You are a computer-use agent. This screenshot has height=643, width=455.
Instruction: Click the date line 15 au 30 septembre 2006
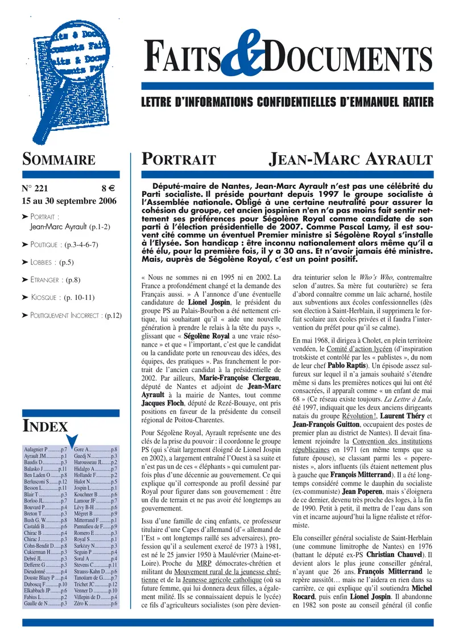(68, 201)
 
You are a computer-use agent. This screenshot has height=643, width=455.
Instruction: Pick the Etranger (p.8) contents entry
(55, 280)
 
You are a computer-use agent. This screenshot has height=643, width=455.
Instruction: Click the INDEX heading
(45, 427)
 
